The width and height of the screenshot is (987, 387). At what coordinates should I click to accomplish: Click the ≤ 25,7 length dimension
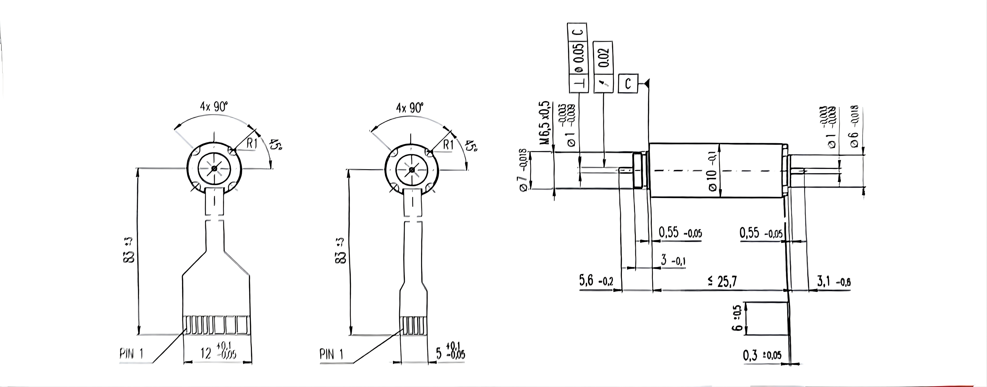[721, 282]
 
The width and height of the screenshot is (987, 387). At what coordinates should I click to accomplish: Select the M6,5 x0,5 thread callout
[546, 123]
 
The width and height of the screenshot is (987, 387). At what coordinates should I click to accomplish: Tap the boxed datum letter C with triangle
[628, 83]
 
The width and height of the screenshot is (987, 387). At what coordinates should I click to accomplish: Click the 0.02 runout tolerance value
[603, 57]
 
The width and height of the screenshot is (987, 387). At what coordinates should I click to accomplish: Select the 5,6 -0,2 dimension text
[596, 281]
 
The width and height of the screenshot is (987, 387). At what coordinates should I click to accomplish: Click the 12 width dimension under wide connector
[217, 353]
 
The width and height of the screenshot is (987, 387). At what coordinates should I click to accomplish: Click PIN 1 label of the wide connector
[131, 354]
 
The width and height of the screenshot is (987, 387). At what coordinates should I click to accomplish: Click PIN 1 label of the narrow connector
[331, 355]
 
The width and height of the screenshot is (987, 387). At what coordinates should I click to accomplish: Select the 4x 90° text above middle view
[410, 108]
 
